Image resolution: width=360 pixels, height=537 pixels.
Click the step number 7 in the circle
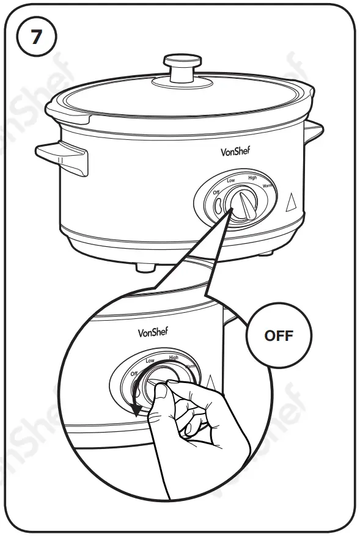(37, 37)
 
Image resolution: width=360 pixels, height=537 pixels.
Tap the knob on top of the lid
(182, 65)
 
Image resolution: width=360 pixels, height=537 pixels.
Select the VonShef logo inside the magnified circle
(153, 333)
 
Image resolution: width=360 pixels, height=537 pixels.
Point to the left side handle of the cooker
(62, 156)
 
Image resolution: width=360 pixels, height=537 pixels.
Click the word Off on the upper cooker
(216, 193)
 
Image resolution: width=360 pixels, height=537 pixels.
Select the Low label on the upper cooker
(230, 181)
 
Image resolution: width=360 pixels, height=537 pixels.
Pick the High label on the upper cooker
(252, 178)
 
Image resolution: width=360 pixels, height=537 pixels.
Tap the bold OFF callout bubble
(278, 335)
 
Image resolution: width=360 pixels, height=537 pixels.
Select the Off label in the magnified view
(134, 373)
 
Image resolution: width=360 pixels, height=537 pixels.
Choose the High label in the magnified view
(174, 357)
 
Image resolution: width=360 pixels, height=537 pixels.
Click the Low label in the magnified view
(150, 362)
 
